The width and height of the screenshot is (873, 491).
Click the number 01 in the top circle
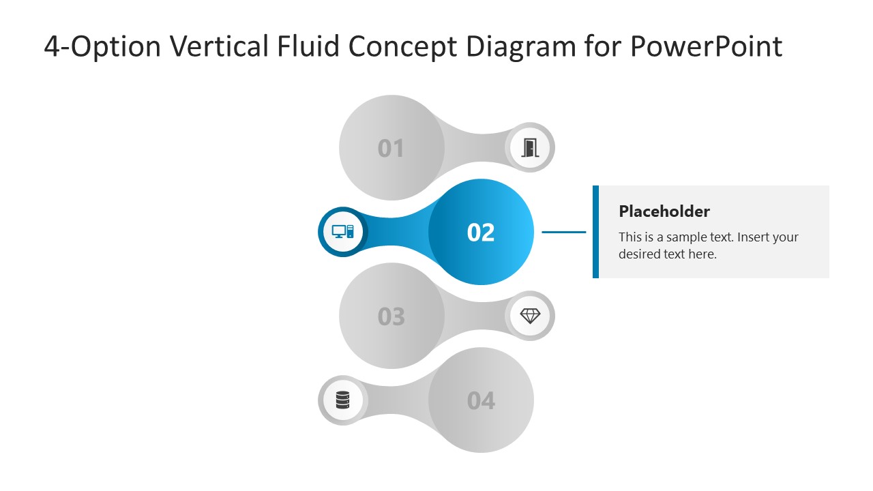coord(391,148)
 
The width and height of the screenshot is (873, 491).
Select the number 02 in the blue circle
coord(481,233)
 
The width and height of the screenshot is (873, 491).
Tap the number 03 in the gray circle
coord(391,316)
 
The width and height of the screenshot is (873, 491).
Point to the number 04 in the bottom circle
coord(481,400)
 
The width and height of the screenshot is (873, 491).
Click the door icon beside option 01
coord(530,147)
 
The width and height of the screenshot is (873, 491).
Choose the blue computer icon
coord(342,231)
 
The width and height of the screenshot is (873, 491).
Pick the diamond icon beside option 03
coord(530,316)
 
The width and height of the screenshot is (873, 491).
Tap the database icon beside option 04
coord(342,400)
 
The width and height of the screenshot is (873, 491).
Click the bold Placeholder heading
coord(664,211)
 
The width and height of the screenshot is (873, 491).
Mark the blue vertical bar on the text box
coord(595,232)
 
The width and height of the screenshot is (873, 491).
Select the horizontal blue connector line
coord(563,232)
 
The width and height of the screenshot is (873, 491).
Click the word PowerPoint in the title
coord(705,46)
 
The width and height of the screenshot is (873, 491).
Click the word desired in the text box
coord(640,254)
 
